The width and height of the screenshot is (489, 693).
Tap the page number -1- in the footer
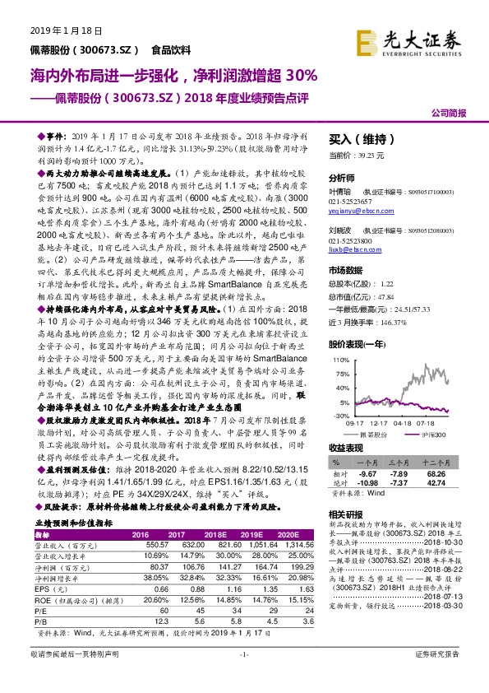pyautogui.click(x=244, y=677)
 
